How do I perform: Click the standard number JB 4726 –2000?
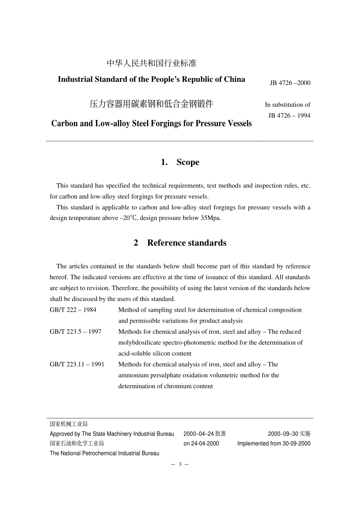pyautogui.click(x=290, y=83)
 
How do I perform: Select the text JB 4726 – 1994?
pyautogui.click(x=289, y=116)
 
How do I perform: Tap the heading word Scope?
pyautogui.click(x=188, y=162)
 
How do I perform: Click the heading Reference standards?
pyautogui.click(x=186, y=243)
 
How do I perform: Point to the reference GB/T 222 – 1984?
pyautogui.click(x=73, y=310)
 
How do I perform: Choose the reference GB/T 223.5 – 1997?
pyautogui.click(x=75, y=332)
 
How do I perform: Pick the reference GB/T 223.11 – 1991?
pyautogui.click(x=77, y=364)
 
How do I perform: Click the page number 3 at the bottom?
pyautogui.click(x=180, y=464)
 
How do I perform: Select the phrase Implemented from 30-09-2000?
pyautogui.click(x=274, y=444)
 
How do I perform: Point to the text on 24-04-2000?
pyautogui.click(x=201, y=444)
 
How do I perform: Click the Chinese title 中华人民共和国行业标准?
pyautogui.click(x=152, y=63)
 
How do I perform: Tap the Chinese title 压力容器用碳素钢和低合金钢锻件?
pyautogui.click(x=152, y=104)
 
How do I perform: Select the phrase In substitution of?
pyautogui.click(x=287, y=105)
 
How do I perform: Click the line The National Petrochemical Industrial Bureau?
pyautogui.click(x=104, y=454)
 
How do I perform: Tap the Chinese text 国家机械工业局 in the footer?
pyautogui.click(x=69, y=424)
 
